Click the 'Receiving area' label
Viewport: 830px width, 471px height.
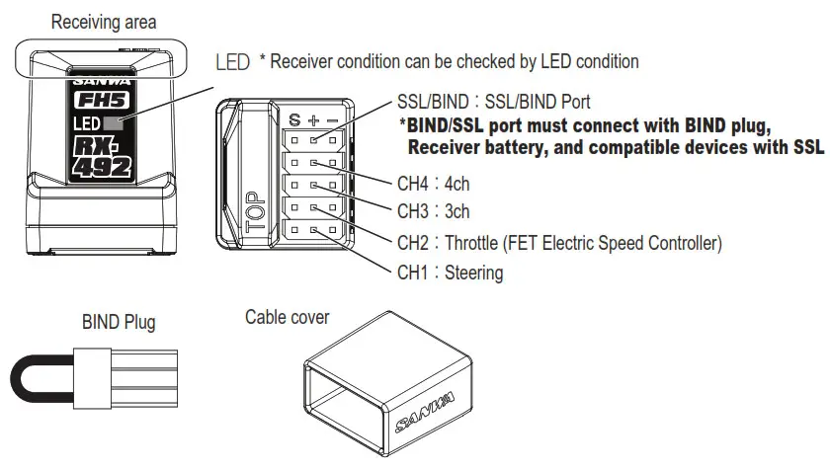[x=103, y=20]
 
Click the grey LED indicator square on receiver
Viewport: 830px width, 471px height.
[x=114, y=124]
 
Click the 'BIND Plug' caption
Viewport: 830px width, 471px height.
[x=119, y=323]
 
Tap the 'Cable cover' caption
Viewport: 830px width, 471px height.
[x=288, y=317]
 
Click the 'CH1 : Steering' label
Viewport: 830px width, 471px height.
[x=450, y=273]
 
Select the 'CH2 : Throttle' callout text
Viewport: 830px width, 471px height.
[x=559, y=243]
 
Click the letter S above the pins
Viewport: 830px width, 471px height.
[x=294, y=120]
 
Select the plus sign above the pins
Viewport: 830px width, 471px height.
[x=314, y=120]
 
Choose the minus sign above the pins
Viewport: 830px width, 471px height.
[x=333, y=120]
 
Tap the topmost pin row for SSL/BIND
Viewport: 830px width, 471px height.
[x=314, y=140]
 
